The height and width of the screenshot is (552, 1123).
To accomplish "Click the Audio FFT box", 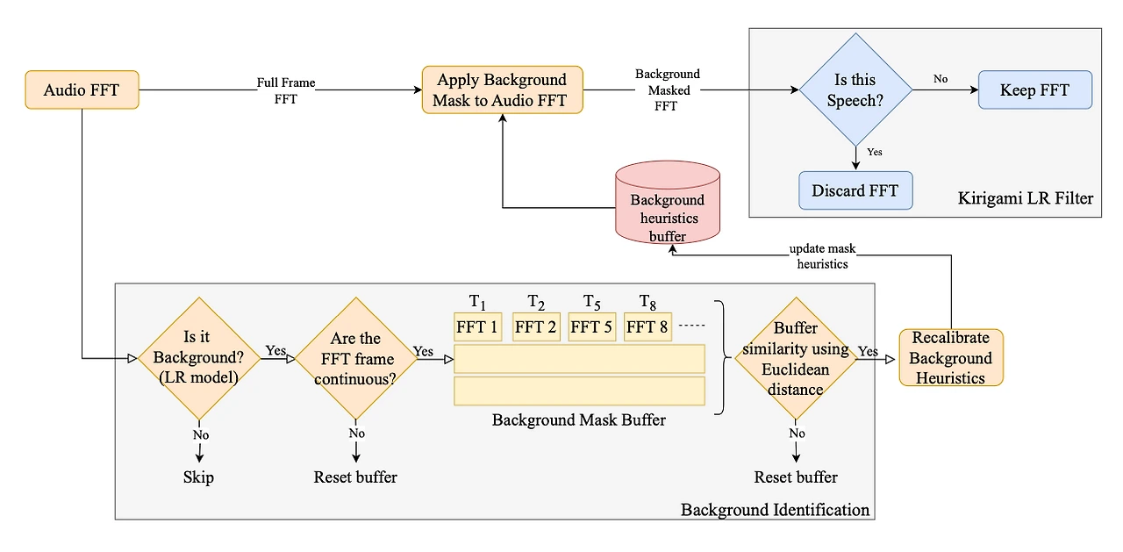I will [x=82, y=90].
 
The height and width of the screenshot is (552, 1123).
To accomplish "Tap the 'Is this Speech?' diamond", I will [x=855, y=90].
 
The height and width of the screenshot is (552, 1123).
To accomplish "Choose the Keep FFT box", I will [x=1034, y=90].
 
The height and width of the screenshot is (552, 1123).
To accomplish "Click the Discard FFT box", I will [x=855, y=190].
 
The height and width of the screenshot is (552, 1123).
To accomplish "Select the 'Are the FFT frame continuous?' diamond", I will [x=355, y=358].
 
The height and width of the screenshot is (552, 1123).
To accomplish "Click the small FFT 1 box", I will [x=477, y=327].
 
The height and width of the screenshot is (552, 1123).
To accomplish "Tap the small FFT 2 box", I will [x=535, y=327].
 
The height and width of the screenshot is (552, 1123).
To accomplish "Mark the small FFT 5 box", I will [x=591, y=327].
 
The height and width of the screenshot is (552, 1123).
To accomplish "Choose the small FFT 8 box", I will [x=647, y=327].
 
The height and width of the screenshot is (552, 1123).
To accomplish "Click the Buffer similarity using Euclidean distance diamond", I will [x=796, y=358].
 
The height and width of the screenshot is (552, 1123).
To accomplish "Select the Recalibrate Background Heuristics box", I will [x=951, y=358].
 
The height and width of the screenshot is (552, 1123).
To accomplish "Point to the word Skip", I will [x=198, y=477].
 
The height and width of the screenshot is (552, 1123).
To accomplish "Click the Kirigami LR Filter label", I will [x=1026, y=198].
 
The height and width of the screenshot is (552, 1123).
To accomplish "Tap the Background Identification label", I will [x=775, y=510].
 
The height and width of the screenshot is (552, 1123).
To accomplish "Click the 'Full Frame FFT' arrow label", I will [x=286, y=90].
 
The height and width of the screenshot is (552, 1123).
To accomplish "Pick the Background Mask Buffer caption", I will [x=578, y=419].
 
